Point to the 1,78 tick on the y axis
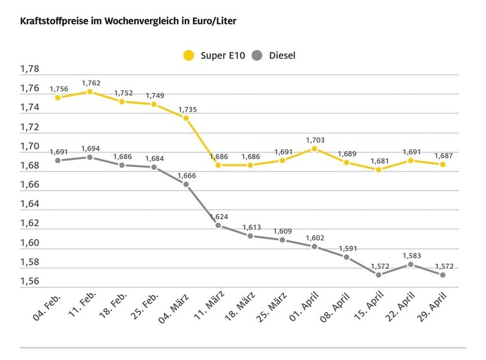29,69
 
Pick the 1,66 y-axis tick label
29,185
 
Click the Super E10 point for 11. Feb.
89,92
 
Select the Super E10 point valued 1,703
314,148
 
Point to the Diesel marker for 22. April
411,264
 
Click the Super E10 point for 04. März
186,118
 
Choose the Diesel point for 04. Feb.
58,160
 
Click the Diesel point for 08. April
347,257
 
